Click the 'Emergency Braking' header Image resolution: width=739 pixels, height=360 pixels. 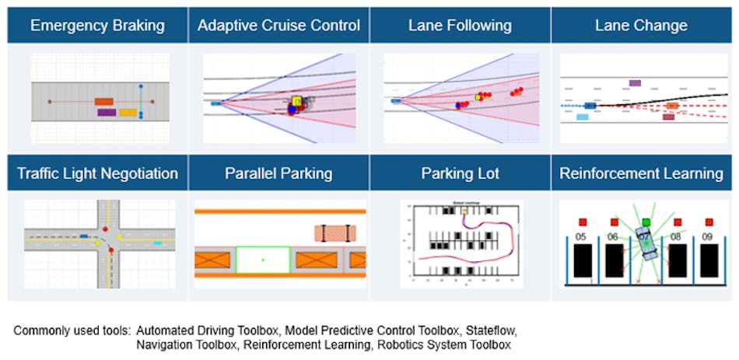pos(97,26)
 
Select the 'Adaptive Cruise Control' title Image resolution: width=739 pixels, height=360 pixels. pos(278,26)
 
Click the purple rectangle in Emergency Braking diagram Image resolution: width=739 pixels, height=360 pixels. pos(107,113)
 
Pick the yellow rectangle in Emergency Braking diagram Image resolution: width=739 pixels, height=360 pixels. pos(128,113)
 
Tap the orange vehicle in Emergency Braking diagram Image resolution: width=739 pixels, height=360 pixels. pos(104,102)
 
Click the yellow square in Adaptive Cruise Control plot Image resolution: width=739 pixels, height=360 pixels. pos(296,100)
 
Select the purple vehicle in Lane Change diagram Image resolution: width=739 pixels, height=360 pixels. pos(635,82)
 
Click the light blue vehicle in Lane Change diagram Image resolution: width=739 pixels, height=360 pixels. pos(583,117)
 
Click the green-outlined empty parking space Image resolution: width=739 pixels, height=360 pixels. pos(263,260)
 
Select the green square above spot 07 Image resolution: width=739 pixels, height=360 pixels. pos(646,222)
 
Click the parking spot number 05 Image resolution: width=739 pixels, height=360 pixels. pos(580,236)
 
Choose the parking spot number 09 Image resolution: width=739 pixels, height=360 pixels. pos(708,236)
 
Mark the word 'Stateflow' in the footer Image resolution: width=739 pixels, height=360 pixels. pos(488,330)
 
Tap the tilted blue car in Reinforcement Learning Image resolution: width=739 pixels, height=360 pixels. pos(645,243)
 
